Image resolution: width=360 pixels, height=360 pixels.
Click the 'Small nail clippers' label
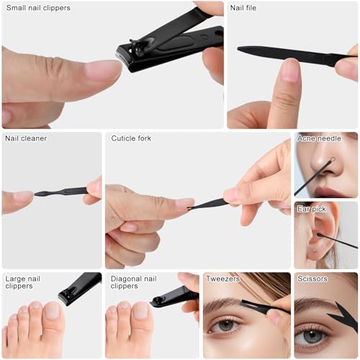[38, 8]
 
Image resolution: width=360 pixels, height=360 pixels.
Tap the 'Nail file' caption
[243, 8]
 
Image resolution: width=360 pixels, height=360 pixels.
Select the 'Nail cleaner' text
[26, 138]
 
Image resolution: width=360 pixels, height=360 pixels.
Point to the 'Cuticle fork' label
[131, 138]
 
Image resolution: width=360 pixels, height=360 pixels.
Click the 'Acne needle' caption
[319, 138]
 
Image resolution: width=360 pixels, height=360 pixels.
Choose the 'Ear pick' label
[312, 210]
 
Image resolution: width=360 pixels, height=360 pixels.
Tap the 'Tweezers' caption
[223, 279]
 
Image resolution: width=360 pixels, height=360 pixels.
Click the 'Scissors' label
[312, 279]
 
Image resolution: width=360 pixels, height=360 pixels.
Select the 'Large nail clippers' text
[23, 282]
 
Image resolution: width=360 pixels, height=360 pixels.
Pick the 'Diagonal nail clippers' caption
[133, 282]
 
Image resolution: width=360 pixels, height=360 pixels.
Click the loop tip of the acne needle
[333, 159]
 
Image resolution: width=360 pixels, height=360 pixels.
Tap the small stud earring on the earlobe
[314, 251]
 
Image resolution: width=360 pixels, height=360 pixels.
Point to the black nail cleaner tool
[61, 192]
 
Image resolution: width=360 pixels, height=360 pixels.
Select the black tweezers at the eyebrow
[264, 307]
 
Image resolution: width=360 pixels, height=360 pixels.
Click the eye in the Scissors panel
[312, 336]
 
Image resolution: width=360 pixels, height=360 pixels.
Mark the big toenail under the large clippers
[52, 310]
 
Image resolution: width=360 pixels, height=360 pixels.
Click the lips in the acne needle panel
[328, 192]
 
